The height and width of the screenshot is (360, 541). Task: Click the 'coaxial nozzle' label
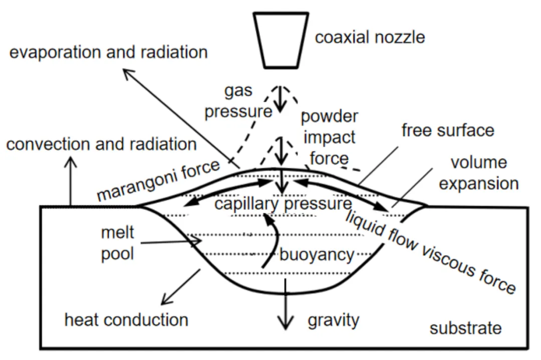[x=370, y=37]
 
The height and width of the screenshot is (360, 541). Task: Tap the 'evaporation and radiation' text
[x=108, y=53]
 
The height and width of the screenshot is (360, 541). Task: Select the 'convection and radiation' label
[x=101, y=144]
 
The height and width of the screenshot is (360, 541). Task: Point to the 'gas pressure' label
[x=238, y=101]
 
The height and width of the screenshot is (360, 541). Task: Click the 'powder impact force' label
[x=329, y=138]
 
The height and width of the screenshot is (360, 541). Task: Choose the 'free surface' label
[x=448, y=130]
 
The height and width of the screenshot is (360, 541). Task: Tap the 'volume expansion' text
[x=479, y=173]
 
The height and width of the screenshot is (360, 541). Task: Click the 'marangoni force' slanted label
[x=158, y=180]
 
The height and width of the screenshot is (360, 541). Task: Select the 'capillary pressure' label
[x=283, y=203]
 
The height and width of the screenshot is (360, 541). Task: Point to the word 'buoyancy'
[x=317, y=255]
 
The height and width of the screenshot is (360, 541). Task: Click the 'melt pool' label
[x=117, y=243]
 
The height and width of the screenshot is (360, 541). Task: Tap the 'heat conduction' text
[x=126, y=320]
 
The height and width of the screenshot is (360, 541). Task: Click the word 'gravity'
[x=333, y=320]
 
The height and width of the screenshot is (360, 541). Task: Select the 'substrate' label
[x=465, y=328]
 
